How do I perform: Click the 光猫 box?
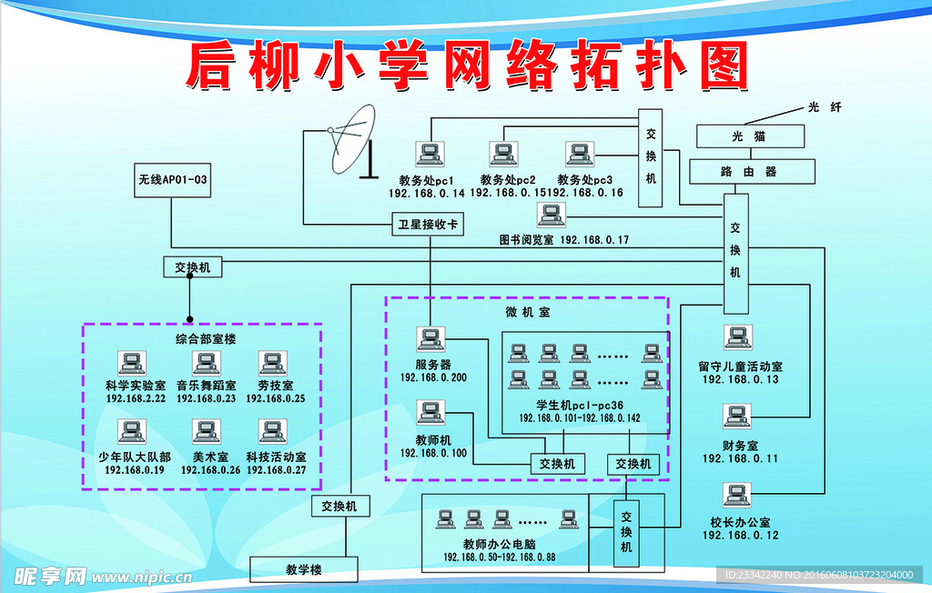coord(750,136)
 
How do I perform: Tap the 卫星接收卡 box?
coord(428,223)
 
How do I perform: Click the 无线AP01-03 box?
coord(172,180)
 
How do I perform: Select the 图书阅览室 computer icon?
coord(550,216)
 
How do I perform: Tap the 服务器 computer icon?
coord(430,340)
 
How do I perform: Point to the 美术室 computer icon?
coord(203,431)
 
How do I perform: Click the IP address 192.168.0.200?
coord(433,377)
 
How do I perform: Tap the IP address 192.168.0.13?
coord(740,379)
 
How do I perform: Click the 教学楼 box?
coord(304,570)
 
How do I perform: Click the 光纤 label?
coord(825,107)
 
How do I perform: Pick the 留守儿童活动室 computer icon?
coord(736,337)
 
